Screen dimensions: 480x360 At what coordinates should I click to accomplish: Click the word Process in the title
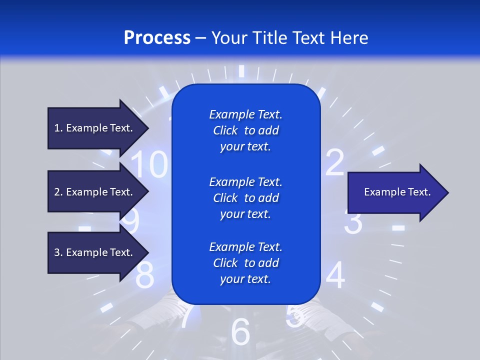coord(157,38)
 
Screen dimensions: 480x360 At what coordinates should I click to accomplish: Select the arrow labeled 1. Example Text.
coord(95,128)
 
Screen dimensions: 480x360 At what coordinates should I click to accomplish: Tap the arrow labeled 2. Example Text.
coord(95,192)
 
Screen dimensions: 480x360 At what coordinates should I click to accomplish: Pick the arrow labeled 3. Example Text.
coord(95,252)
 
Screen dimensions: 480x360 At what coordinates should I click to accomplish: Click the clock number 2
coord(335,162)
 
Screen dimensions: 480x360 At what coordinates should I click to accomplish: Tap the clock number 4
coord(335,275)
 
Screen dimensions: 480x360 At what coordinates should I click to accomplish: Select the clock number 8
coord(145,275)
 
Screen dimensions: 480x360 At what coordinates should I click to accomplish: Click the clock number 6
coord(240,331)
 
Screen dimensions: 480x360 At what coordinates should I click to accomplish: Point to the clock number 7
coord(185,316)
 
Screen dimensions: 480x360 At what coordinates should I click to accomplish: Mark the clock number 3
coord(354,223)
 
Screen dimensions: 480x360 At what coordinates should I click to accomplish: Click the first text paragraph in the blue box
coord(245,130)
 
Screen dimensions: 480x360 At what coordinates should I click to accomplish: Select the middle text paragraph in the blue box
coord(245,198)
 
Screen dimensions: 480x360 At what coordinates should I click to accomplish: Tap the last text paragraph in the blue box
coord(245,263)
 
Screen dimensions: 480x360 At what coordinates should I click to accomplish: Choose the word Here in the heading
coord(350,38)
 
